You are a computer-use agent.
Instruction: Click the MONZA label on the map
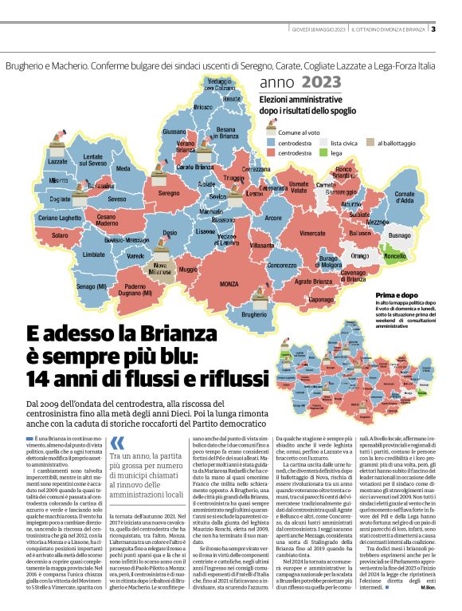pyautogui.click(x=229, y=284)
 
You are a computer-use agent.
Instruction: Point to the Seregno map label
pyautogui.click(x=168, y=193)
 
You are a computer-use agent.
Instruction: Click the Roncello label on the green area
pyautogui.click(x=395, y=257)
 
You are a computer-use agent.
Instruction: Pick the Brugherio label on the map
pyautogui.click(x=254, y=316)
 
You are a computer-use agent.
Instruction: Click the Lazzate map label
pyautogui.click(x=58, y=161)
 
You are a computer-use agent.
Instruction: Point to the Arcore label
pyautogui.click(x=296, y=217)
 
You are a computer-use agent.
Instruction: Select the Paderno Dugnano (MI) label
pyautogui.click(x=135, y=291)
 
